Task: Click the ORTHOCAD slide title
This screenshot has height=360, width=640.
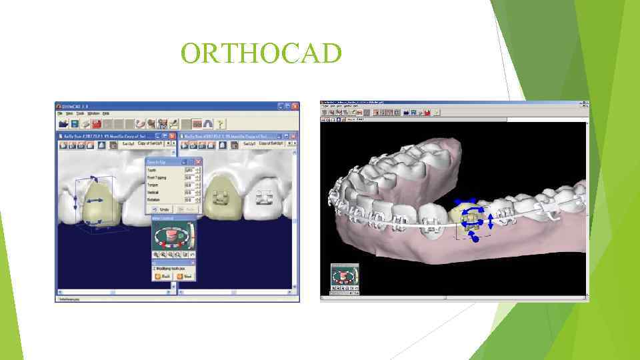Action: click(x=261, y=54)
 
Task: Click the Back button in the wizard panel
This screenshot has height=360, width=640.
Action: click(x=163, y=275)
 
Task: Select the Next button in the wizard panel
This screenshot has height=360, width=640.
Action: click(x=185, y=275)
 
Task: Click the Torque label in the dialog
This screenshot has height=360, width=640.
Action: click(x=153, y=185)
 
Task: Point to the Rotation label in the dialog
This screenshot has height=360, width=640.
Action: click(x=154, y=199)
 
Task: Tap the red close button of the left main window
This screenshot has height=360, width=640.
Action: click(x=295, y=106)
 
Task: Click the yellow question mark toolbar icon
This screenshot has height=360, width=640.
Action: click(x=221, y=123)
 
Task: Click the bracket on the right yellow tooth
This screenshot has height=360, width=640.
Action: click(x=219, y=198)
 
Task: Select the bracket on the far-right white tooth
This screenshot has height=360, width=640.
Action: click(x=264, y=198)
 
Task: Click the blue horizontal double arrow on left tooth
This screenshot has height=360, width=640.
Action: click(x=93, y=200)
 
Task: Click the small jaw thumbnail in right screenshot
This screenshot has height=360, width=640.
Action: click(x=345, y=279)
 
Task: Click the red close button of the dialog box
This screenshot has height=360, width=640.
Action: click(x=198, y=161)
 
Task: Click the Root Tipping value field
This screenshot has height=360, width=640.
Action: click(x=189, y=177)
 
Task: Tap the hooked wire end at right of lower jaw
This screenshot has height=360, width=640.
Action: click(x=551, y=214)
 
